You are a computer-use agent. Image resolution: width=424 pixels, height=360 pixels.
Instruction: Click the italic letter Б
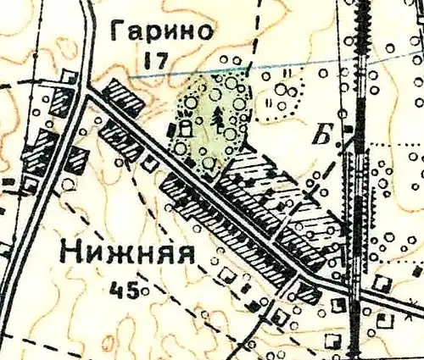(x=325, y=132)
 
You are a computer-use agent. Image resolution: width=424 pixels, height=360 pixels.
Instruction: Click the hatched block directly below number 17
(x=124, y=98)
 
